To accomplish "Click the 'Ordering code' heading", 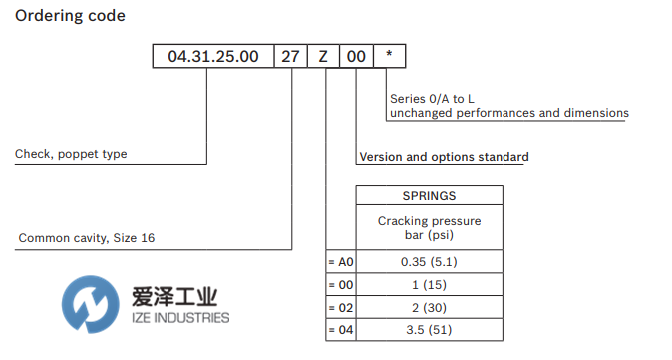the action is [70, 16].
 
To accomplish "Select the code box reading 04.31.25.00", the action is [212, 56].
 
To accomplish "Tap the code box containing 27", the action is [290, 56].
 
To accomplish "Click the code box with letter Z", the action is [323, 56].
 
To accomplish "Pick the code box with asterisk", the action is [389, 56].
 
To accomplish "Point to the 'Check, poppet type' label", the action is [71, 154].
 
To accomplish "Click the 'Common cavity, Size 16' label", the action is [87, 238].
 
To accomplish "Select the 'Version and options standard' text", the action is [444, 157].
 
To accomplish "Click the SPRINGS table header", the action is [429, 196].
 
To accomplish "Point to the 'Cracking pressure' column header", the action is [429, 221].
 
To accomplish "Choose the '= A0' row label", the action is [341, 262].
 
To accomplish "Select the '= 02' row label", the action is [341, 307].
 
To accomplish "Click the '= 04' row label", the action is [341, 330].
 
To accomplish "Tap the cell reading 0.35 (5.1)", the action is [429, 262].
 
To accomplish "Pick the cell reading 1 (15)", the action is [429, 285].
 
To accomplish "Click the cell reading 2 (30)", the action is [429, 307].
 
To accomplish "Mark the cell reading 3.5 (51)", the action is [429, 330].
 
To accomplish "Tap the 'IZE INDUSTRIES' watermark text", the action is [179, 318].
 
